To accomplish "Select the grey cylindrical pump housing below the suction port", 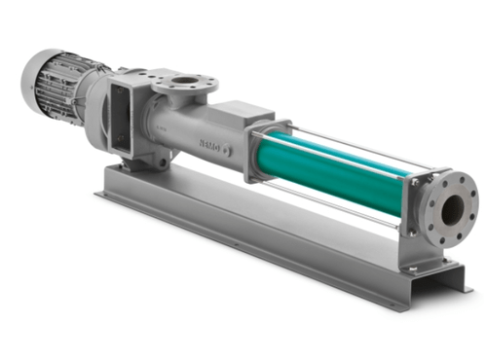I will point(180,126).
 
